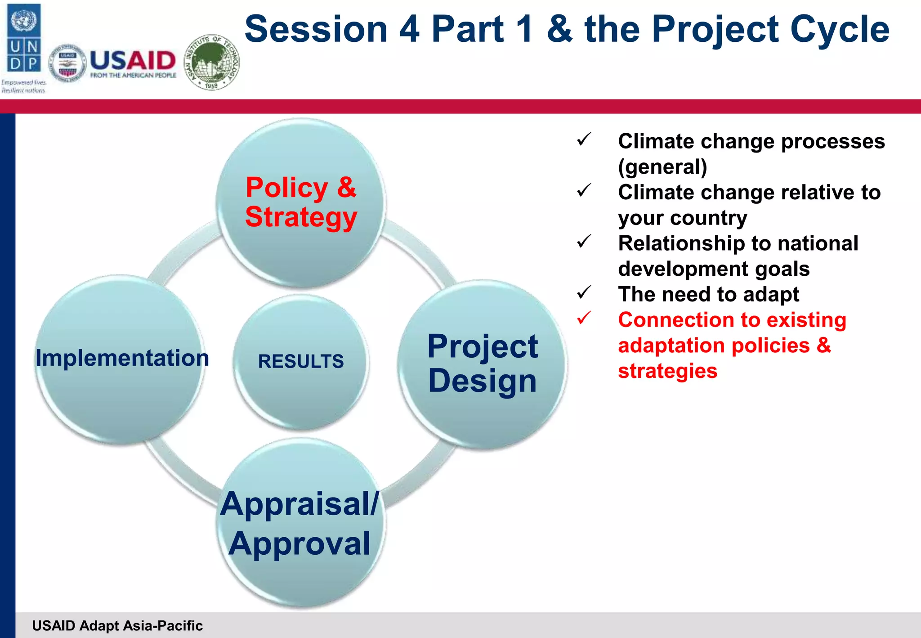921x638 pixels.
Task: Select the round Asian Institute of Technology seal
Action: pyautogui.click(x=212, y=62)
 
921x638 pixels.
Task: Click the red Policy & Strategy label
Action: pyautogui.click(x=301, y=202)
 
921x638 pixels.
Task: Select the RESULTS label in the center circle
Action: pyautogui.click(x=300, y=361)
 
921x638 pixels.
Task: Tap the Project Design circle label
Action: pyautogui.click(x=482, y=364)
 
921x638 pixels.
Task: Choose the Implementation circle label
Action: pyautogui.click(x=122, y=358)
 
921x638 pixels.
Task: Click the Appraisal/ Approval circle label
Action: pyautogui.click(x=300, y=523)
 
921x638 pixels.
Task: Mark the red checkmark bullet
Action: pyautogui.click(x=584, y=318)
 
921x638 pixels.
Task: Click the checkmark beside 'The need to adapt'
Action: pyautogui.click(x=584, y=292)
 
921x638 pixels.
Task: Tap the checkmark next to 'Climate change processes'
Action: pyautogui.click(x=584, y=139)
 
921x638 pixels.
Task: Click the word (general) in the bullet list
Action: pyautogui.click(x=662, y=167)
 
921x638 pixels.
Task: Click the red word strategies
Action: pyautogui.click(x=667, y=371)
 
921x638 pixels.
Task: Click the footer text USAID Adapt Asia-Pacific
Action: pyautogui.click(x=117, y=625)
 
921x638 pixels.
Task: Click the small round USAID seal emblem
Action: pyautogui.click(x=67, y=63)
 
